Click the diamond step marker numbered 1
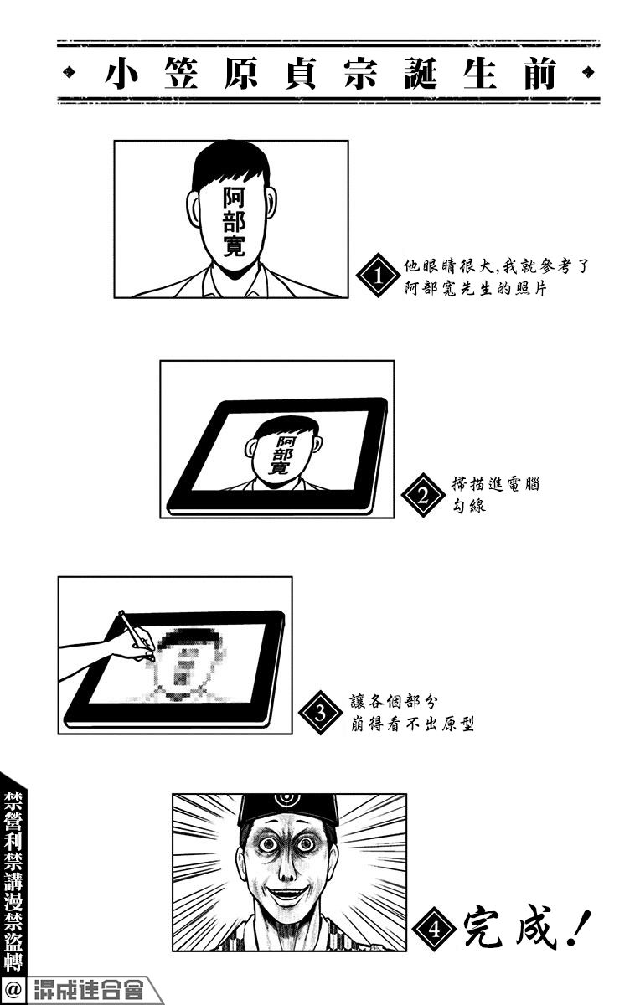(378, 275)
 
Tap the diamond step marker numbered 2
(423, 495)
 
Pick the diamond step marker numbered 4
(435, 928)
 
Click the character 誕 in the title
(421, 73)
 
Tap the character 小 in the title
(121, 73)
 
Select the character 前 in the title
(540, 73)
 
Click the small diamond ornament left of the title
(68, 72)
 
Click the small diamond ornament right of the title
(588, 72)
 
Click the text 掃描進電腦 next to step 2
(495, 485)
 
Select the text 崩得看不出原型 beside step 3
(412, 724)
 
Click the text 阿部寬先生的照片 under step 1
(475, 288)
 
